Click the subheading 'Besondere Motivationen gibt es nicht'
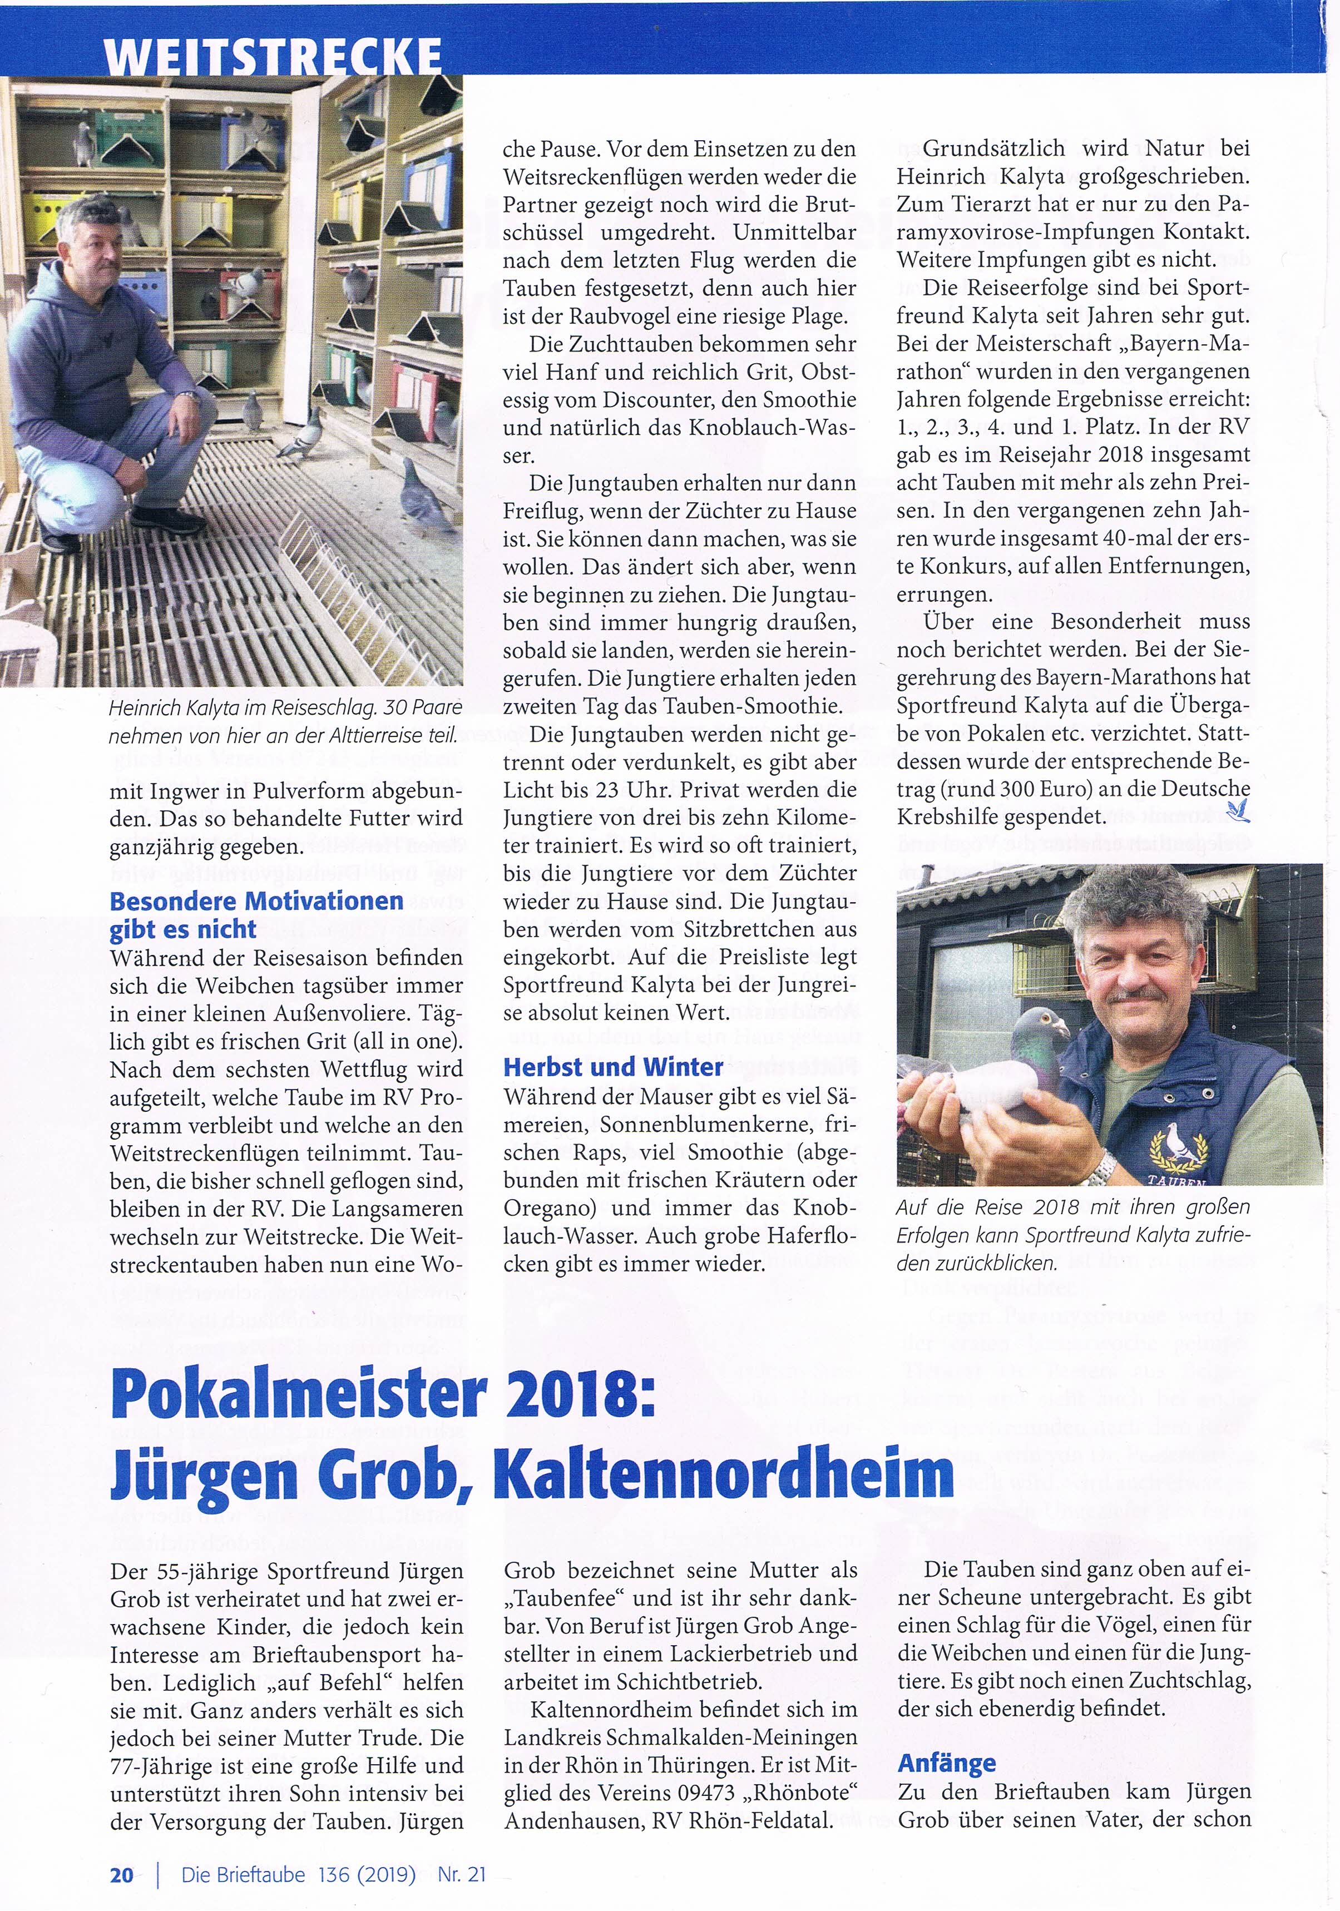pyautogui.click(x=256, y=914)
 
